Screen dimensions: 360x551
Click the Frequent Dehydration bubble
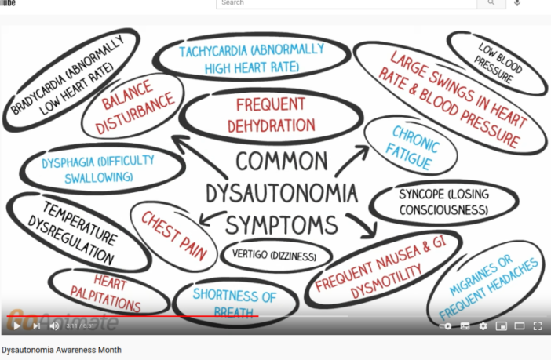271,115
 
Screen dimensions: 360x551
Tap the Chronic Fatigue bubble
412,144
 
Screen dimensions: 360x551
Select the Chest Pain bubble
173,234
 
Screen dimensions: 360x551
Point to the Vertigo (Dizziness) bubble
271,255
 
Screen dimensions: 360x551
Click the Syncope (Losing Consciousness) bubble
443,202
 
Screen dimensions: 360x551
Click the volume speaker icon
54,325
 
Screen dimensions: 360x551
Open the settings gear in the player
483,325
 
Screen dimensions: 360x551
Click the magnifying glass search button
491,3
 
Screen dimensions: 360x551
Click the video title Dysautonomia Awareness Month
62,349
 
